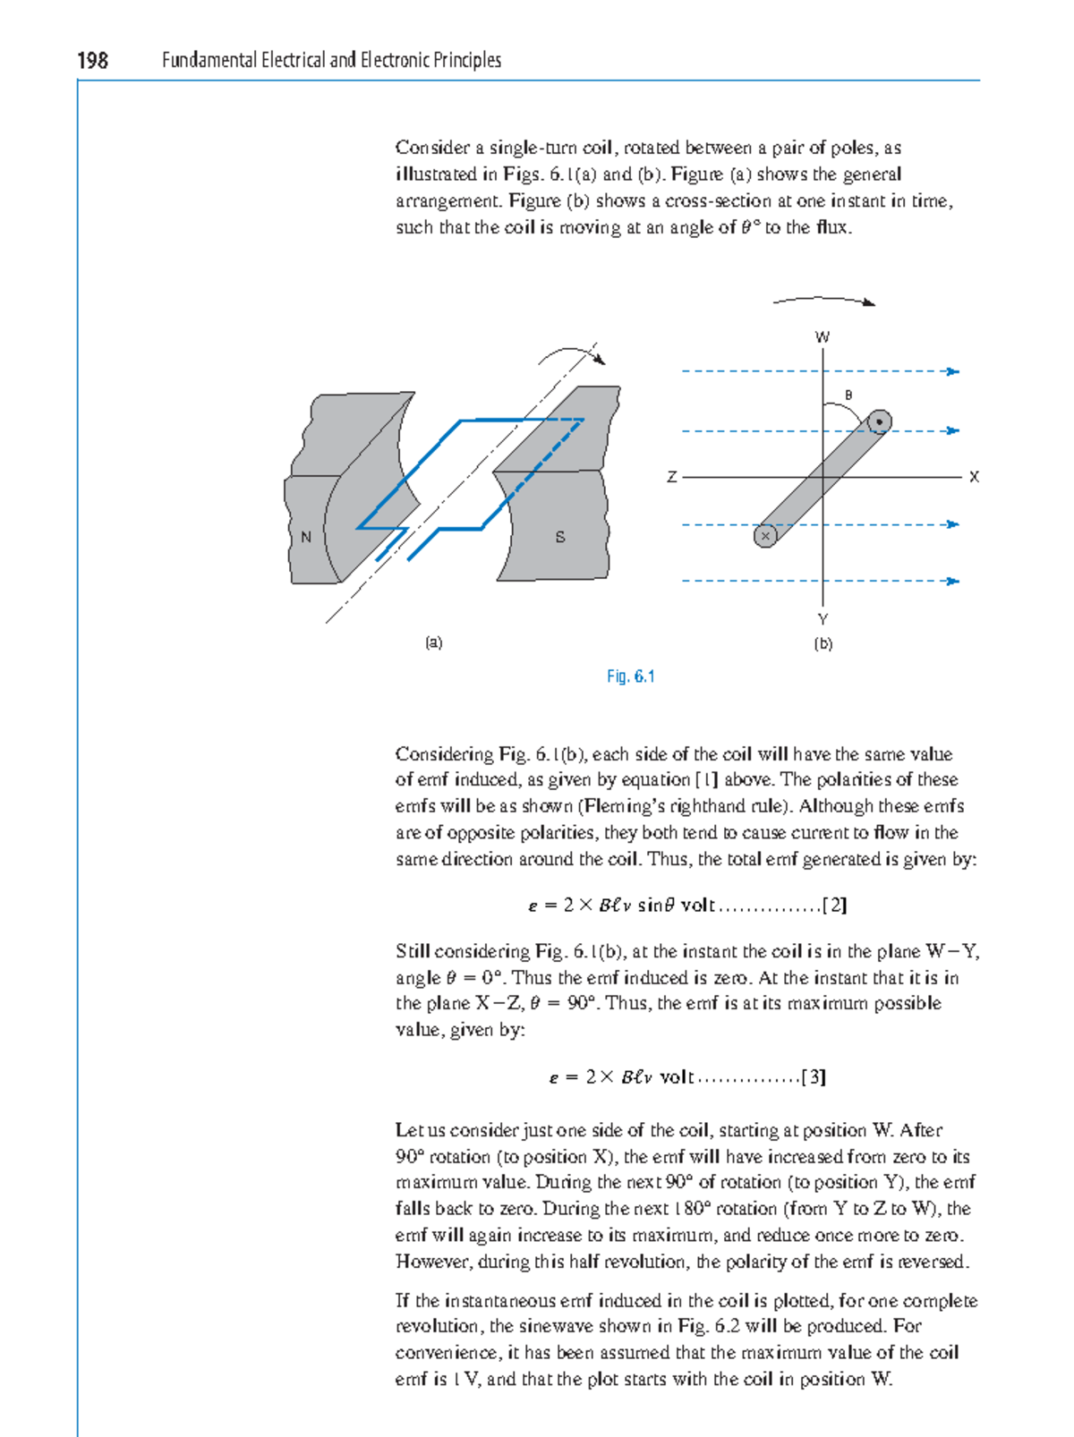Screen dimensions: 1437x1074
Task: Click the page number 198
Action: point(92,60)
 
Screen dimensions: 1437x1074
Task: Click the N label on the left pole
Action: point(306,537)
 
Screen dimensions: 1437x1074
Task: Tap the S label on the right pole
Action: point(560,537)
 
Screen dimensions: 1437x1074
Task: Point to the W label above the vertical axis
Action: point(822,337)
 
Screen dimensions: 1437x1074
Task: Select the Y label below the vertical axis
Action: point(823,619)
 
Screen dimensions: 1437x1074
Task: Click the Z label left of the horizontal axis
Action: point(671,478)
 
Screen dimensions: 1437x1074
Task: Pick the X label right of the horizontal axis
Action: point(975,478)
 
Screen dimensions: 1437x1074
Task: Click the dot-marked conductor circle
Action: point(880,421)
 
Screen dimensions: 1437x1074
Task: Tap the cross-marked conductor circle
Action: point(765,536)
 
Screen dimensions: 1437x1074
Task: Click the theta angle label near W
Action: point(848,395)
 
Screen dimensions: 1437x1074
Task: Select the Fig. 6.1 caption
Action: point(630,676)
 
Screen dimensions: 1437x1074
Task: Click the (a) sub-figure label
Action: point(434,642)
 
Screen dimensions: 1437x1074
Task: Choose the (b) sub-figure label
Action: point(823,643)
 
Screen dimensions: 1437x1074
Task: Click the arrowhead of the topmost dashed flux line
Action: point(954,371)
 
